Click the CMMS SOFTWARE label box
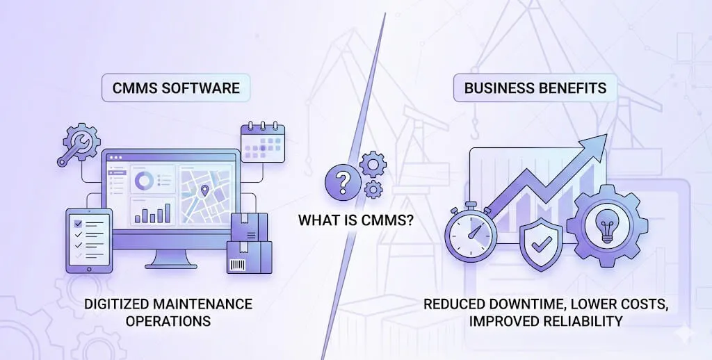(176, 88)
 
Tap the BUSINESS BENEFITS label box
(535, 88)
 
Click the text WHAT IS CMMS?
(355, 220)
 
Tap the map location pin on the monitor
(205, 190)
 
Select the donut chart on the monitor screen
(144, 181)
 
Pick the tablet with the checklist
(88, 240)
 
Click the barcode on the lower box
(238, 264)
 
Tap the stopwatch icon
(471, 231)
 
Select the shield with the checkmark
(541, 244)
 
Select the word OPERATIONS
(168, 321)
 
